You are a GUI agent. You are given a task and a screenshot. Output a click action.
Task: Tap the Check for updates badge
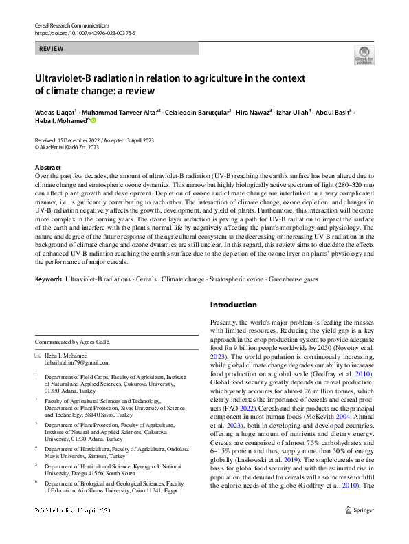click(x=364, y=55)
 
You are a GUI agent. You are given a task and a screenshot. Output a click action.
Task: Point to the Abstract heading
click(x=47, y=168)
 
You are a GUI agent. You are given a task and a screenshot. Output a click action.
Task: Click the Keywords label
click(x=48, y=280)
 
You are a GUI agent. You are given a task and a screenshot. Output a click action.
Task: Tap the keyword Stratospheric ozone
click(x=236, y=280)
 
